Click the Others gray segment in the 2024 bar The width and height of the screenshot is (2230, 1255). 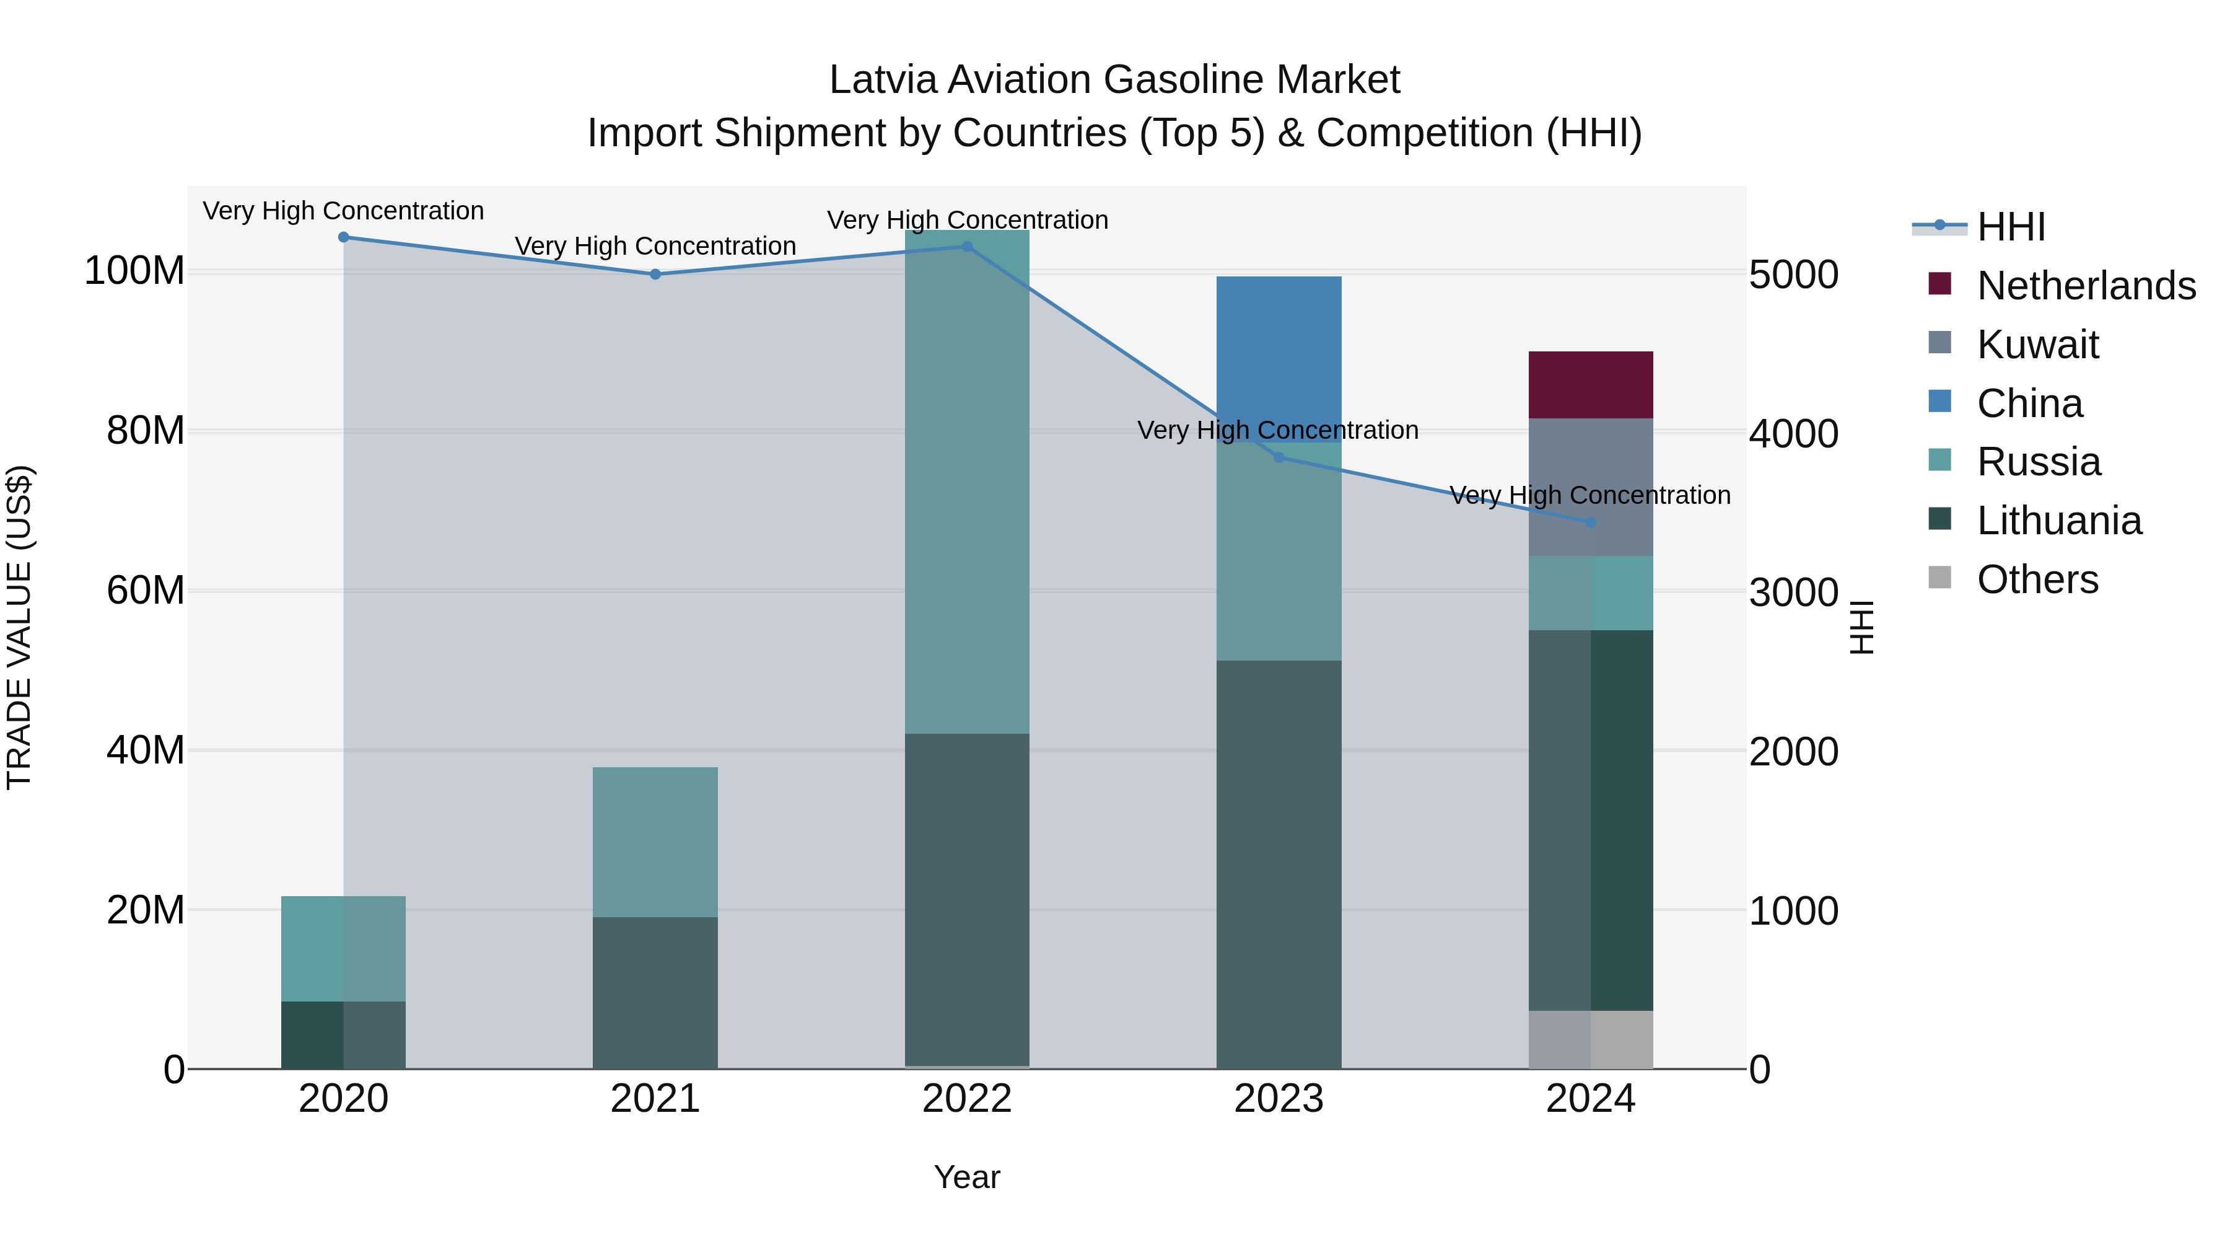tap(1590, 1039)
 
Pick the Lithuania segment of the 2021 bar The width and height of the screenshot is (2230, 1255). tap(655, 993)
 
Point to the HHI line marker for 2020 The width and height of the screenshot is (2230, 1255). tap(344, 237)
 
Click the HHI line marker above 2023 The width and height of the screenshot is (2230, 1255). tap(1279, 457)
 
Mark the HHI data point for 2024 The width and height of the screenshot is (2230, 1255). tap(1590, 522)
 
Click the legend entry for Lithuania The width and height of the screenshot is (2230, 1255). tap(2058, 521)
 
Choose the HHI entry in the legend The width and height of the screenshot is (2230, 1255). tap(2011, 227)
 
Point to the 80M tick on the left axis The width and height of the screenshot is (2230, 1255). tap(146, 431)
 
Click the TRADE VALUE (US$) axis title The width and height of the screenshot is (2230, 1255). tap(19, 627)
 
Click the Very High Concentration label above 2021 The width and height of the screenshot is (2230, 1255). tap(655, 246)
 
